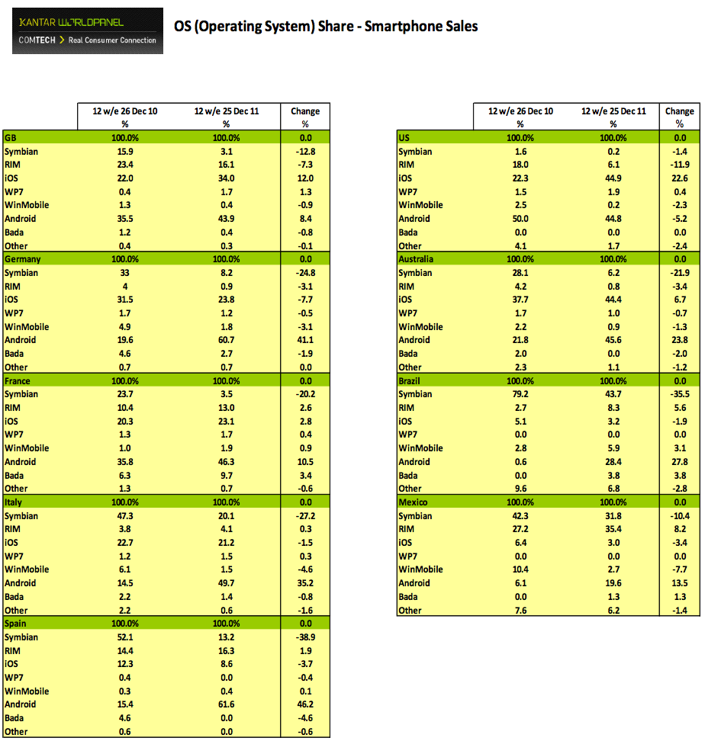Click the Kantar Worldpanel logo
(88, 30)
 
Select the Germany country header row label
(23, 259)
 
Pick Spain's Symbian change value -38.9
(305, 637)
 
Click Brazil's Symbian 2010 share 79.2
(520, 394)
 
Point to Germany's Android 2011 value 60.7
(226, 340)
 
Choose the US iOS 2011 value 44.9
(613, 178)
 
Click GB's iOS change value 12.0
(305, 178)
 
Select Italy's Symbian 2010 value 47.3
(125, 516)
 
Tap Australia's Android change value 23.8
(679, 340)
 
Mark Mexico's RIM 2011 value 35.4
(613, 529)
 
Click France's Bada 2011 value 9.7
(226, 475)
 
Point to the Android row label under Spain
(20, 704)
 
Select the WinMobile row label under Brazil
(420, 448)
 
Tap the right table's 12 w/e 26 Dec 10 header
(520, 111)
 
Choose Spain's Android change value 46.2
(305, 704)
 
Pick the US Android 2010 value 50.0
(520, 219)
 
